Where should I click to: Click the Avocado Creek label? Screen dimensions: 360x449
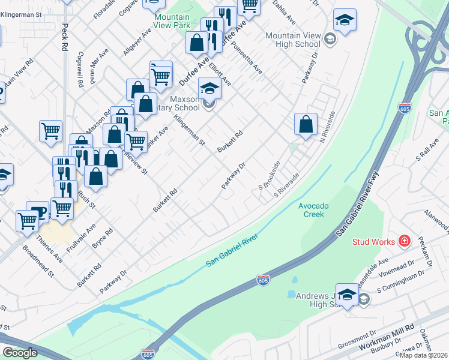(313, 210)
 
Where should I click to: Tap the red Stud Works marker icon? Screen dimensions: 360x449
(405, 241)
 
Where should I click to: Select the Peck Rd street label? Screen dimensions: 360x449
(64, 39)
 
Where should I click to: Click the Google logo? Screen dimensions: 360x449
(20, 353)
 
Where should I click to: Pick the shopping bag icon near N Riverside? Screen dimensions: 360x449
(306, 124)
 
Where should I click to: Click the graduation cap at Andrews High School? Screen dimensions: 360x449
(346, 294)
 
